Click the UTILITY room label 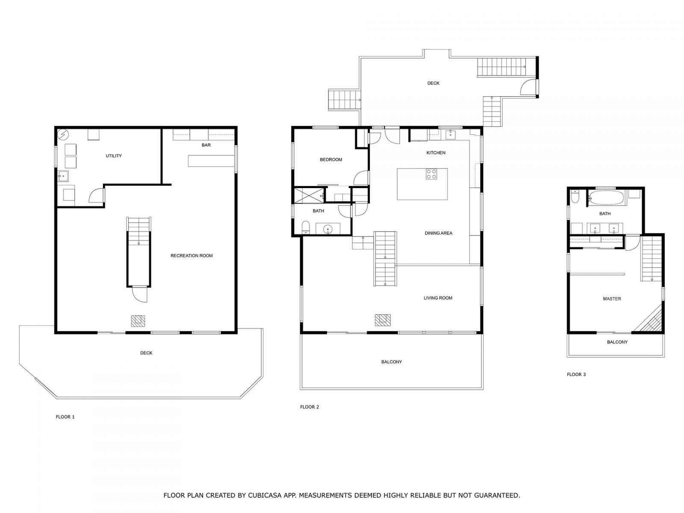114,156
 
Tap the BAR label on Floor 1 206,145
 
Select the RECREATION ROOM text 192,256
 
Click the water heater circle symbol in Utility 63,135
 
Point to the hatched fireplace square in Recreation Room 138,321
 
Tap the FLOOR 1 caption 65,417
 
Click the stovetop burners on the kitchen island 431,174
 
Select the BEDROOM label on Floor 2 331,160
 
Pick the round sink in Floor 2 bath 328,229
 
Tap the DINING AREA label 438,233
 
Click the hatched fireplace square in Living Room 383,320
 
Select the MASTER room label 612,299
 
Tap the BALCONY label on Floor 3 617,342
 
